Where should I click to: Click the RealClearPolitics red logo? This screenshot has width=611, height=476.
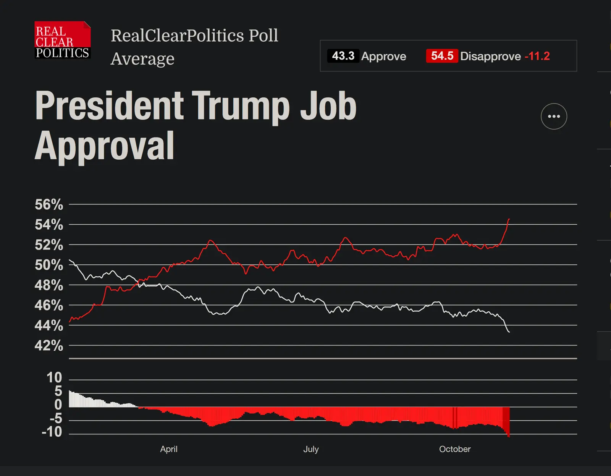click(63, 40)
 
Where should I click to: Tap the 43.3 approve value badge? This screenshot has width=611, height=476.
click(343, 56)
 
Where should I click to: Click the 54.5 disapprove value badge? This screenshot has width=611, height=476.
click(442, 56)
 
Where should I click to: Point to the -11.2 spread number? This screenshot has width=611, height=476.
click(537, 56)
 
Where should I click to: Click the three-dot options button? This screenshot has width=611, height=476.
click(554, 116)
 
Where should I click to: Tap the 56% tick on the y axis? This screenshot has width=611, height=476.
click(49, 204)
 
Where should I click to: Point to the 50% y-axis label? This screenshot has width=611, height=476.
click(49, 265)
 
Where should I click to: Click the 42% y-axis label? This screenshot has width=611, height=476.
click(49, 345)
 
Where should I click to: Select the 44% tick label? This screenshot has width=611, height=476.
click(49, 325)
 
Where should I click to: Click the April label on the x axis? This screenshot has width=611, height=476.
click(169, 449)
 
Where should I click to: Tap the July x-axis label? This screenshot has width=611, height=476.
click(311, 449)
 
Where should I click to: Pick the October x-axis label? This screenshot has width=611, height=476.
click(454, 449)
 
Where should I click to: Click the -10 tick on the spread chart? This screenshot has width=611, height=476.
click(52, 432)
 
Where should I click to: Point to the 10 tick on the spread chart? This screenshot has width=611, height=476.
click(54, 377)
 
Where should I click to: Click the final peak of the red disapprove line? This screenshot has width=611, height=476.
click(509, 219)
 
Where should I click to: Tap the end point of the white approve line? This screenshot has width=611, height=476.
click(509, 332)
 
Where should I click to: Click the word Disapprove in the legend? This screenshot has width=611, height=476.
click(490, 56)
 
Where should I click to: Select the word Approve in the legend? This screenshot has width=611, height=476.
click(383, 56)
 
